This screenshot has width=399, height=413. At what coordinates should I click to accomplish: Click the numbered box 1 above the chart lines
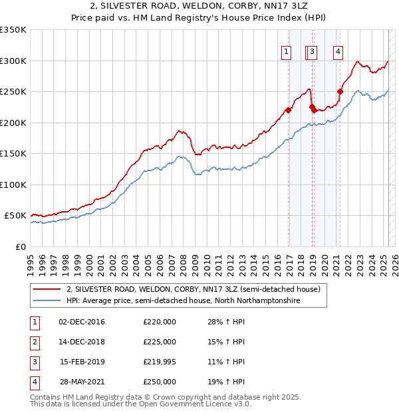pyautogui.click(x=286, y=51)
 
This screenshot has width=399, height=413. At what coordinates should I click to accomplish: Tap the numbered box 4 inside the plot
pyautogui.click(x=338, y=51)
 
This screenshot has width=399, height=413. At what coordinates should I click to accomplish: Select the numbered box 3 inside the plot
pyautogui.click(x=313, y=51)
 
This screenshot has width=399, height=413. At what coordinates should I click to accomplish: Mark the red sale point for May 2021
pyautogui.click(x=340, y=91)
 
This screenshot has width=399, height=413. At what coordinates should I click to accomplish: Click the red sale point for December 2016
pyautogui.click(x=289, y=110)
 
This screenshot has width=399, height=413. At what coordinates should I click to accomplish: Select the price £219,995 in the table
pyautogui.click(x=160, y=362)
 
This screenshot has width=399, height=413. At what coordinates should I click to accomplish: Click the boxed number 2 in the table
pyautogui.click(x=33, y=342)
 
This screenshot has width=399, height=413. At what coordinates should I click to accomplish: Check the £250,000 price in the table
pyautogui.click(x=160, y=382)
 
